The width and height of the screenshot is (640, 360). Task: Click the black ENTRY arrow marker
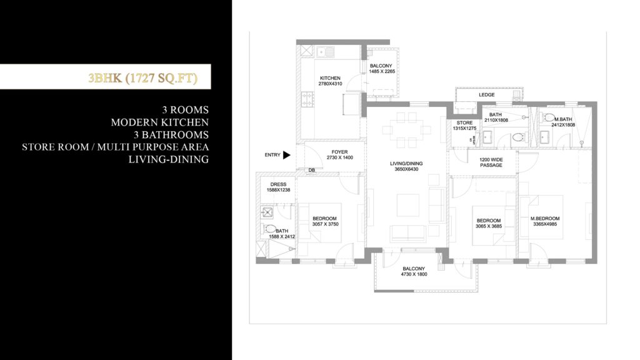point(287,155)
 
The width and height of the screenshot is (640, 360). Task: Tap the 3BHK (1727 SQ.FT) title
point(143,79)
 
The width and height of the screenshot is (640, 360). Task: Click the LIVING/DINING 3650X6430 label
point(406,167)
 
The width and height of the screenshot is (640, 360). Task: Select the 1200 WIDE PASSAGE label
point(491,162)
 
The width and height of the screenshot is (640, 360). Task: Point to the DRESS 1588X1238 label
point(278,187)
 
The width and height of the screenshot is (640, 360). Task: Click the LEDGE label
point(486,95)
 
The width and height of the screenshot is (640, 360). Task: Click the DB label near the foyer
point(311,171)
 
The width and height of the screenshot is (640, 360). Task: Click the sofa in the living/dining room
point(407,233)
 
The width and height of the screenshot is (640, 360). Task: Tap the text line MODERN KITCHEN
point(160,122)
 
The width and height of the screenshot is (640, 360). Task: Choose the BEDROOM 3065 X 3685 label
point(489,223)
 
